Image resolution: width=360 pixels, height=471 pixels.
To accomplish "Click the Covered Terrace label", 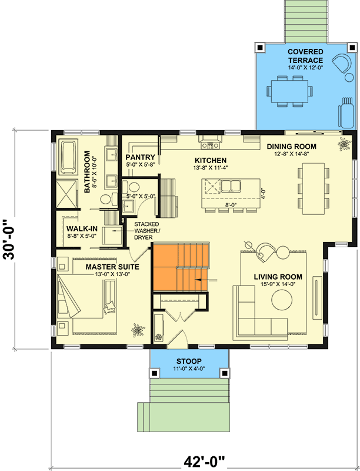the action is tap(305, 56).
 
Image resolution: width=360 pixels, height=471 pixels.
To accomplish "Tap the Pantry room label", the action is tap(141, 157).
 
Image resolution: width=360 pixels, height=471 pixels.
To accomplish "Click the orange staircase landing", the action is tap(165, 267).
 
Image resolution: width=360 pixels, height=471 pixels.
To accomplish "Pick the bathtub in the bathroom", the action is tap(69, 157).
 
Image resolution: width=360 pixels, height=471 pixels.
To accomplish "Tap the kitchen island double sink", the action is tap(231, 185).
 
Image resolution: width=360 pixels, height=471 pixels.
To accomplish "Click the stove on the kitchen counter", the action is tap(211, 145).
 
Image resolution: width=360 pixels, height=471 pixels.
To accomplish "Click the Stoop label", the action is tap(189, 361).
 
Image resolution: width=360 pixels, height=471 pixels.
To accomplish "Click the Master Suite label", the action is tap(112, 267).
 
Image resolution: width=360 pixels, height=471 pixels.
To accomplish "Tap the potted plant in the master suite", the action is tap(138, 330).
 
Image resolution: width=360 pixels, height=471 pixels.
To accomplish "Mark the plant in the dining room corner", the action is tap(344, 144).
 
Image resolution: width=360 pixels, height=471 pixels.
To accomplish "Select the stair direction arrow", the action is tap(206, 280).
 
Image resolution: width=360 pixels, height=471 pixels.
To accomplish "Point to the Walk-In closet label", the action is tap(82, 229).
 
